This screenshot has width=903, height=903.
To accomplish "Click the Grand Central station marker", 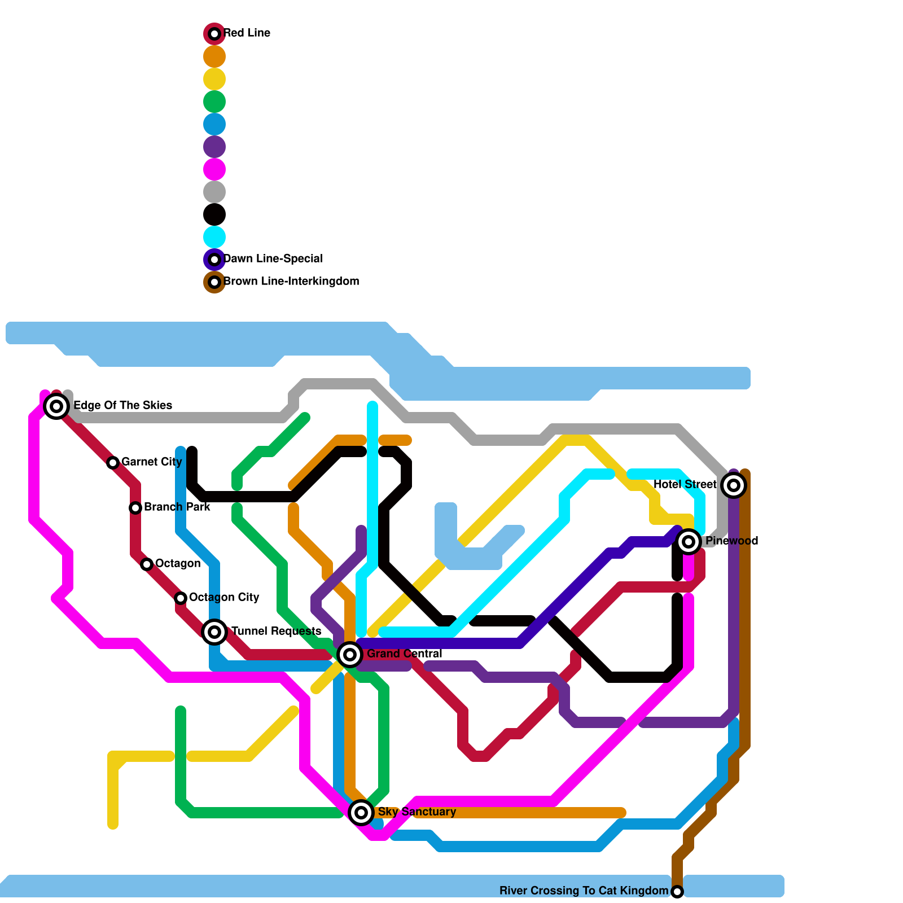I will [350, 655].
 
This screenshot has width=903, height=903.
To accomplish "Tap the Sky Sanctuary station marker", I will [361, 813].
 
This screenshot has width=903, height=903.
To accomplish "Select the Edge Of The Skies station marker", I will [56, 406].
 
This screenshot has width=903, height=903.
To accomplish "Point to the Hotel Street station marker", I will [734, 485].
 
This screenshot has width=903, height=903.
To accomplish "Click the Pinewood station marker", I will [689, 542].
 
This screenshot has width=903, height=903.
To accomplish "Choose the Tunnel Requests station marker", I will [214, 632].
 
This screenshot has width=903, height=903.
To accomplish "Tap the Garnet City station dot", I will [113, 463].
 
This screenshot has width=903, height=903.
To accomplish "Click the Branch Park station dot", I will [135, 508].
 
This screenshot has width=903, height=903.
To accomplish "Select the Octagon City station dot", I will [181, 598].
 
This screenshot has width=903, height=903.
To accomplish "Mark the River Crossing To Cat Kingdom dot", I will [677, 892].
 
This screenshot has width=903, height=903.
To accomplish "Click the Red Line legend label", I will [247, 33].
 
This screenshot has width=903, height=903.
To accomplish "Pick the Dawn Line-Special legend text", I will [273, 259].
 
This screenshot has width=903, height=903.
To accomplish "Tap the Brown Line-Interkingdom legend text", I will [291, 282].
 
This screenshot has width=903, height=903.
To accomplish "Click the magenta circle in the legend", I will [214, 169].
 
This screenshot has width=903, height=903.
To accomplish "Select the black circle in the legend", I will [214, 214].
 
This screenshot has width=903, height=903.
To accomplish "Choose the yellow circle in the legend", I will [214, 79].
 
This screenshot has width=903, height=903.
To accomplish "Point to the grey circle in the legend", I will [214, 192].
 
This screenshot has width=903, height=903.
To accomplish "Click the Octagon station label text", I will [178, 564].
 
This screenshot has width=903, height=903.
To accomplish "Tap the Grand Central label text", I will [404, 654].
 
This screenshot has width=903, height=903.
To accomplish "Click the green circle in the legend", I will [214, 102].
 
